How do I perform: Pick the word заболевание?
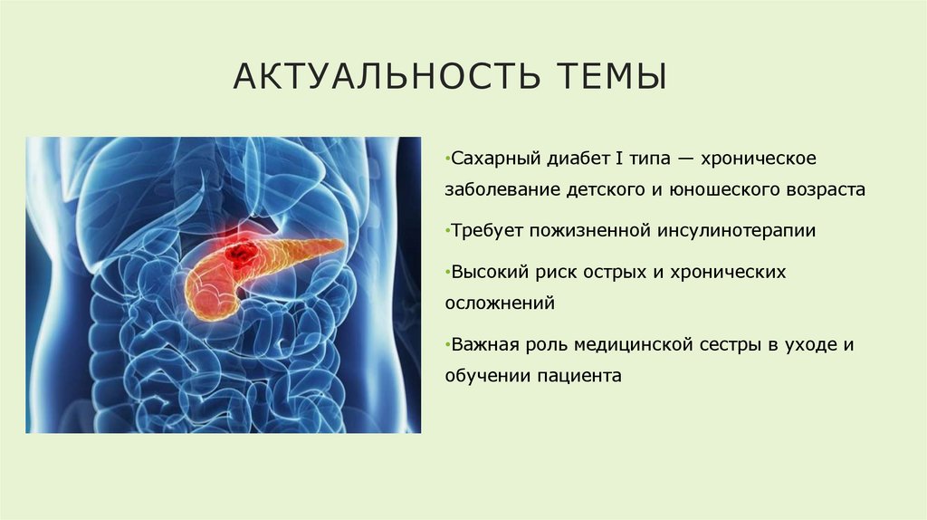[503, 190]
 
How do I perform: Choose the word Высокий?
[487, 272]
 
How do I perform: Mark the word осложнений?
[499, 303]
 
